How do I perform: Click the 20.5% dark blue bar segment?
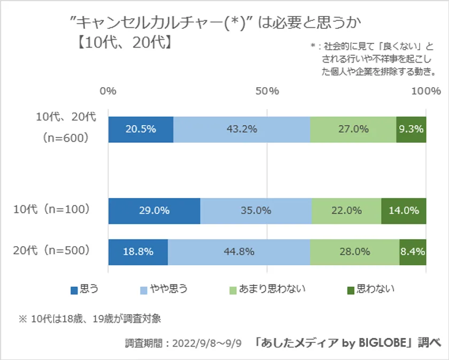141,129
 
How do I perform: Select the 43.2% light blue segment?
242,129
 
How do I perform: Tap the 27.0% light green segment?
353,129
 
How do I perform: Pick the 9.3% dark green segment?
411,129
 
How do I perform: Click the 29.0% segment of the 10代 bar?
154,211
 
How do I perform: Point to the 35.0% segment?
256,211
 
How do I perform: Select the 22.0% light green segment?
346,211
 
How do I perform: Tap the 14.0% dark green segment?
404,211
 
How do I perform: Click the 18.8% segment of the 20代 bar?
138,252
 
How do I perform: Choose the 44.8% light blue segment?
239,252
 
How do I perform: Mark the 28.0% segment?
354,252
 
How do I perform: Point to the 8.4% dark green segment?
413,252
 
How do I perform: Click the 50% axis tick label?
267,91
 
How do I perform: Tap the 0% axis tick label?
108,91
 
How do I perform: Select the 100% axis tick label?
425,91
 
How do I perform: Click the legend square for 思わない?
351,290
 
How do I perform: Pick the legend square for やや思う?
143,290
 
